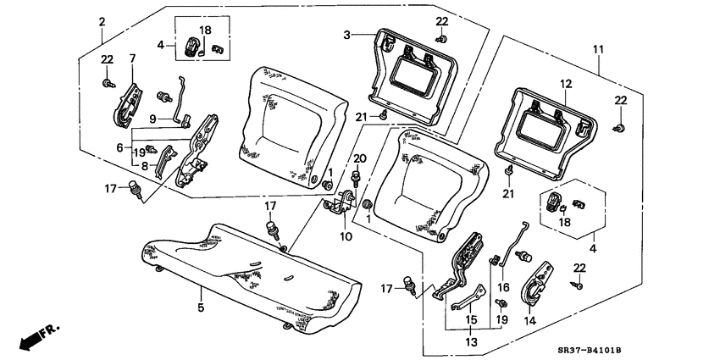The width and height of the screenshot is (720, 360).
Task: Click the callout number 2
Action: tap(102, 20)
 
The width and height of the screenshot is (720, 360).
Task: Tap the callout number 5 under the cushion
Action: tap(201, 307)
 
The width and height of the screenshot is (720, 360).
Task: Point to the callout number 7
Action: tap(131, 58)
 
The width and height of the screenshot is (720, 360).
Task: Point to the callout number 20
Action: tap(359, 158)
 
